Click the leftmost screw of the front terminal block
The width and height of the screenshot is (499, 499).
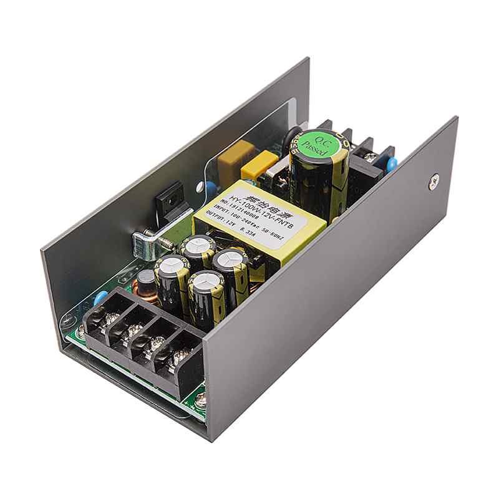(111, 320)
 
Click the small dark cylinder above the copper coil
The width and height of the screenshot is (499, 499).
(147, 274)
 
